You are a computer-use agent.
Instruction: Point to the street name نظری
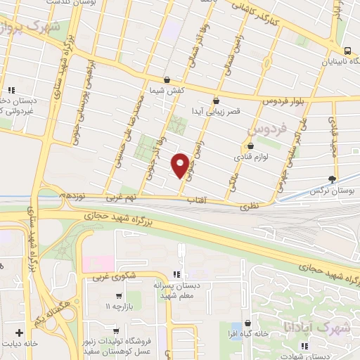pos(250,205)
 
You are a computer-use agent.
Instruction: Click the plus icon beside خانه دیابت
pos(19,332)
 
